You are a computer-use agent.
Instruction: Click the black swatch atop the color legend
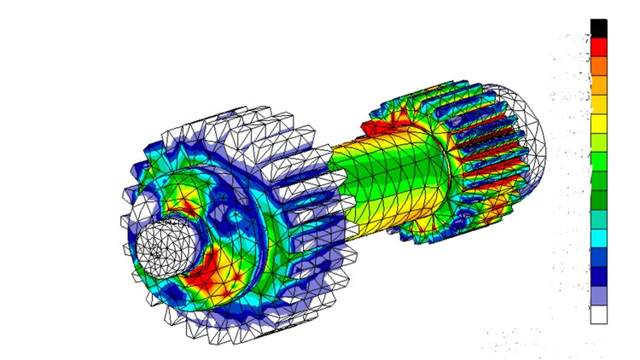click(598, 28)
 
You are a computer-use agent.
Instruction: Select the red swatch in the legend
click(598, 47)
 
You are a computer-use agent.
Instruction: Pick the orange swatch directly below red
click(598, 66)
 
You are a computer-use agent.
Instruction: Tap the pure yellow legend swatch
click(598, 123)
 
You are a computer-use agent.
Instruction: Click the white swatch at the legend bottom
click(598, 314)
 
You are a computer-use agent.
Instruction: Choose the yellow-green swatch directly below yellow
click(598, 142)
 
